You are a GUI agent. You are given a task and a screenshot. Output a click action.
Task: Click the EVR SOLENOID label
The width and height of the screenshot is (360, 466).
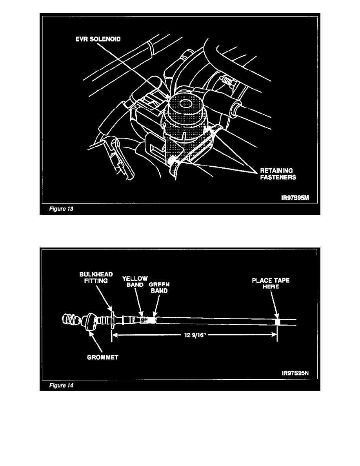coord(98,39)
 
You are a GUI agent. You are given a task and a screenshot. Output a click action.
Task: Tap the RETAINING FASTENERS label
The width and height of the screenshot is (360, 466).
coord(278,174)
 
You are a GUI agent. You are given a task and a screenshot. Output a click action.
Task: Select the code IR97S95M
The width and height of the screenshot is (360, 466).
coord(295,198)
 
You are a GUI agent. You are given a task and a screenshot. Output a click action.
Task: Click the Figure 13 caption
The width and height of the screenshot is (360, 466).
coord(61,209)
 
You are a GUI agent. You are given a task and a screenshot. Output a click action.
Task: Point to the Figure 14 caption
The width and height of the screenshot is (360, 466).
coord(61,386)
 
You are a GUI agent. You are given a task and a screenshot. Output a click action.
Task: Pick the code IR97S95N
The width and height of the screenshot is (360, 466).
coord(295,373)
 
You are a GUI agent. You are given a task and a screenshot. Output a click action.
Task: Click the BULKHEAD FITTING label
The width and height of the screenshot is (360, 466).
coord(96,278)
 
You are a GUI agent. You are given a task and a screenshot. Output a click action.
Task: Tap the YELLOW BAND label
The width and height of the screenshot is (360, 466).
coord(135,281)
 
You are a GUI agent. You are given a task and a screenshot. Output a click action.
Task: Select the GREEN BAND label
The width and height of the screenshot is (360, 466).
coord(159,288)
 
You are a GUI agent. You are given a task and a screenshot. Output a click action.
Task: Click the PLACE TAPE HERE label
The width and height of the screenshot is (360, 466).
coord(271,283)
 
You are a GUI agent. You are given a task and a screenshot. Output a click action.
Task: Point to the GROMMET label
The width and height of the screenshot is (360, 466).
coord(102,357)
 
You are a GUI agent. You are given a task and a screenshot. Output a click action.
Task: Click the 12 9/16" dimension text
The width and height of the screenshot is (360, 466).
coord(195,335)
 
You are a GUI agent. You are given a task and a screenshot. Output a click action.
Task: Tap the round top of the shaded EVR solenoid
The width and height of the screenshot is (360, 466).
coord(185,104)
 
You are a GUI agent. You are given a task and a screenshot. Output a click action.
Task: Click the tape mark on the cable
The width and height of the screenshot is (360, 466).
coord(277,322)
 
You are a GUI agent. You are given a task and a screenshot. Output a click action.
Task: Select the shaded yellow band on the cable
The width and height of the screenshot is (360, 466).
coord(144,320)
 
